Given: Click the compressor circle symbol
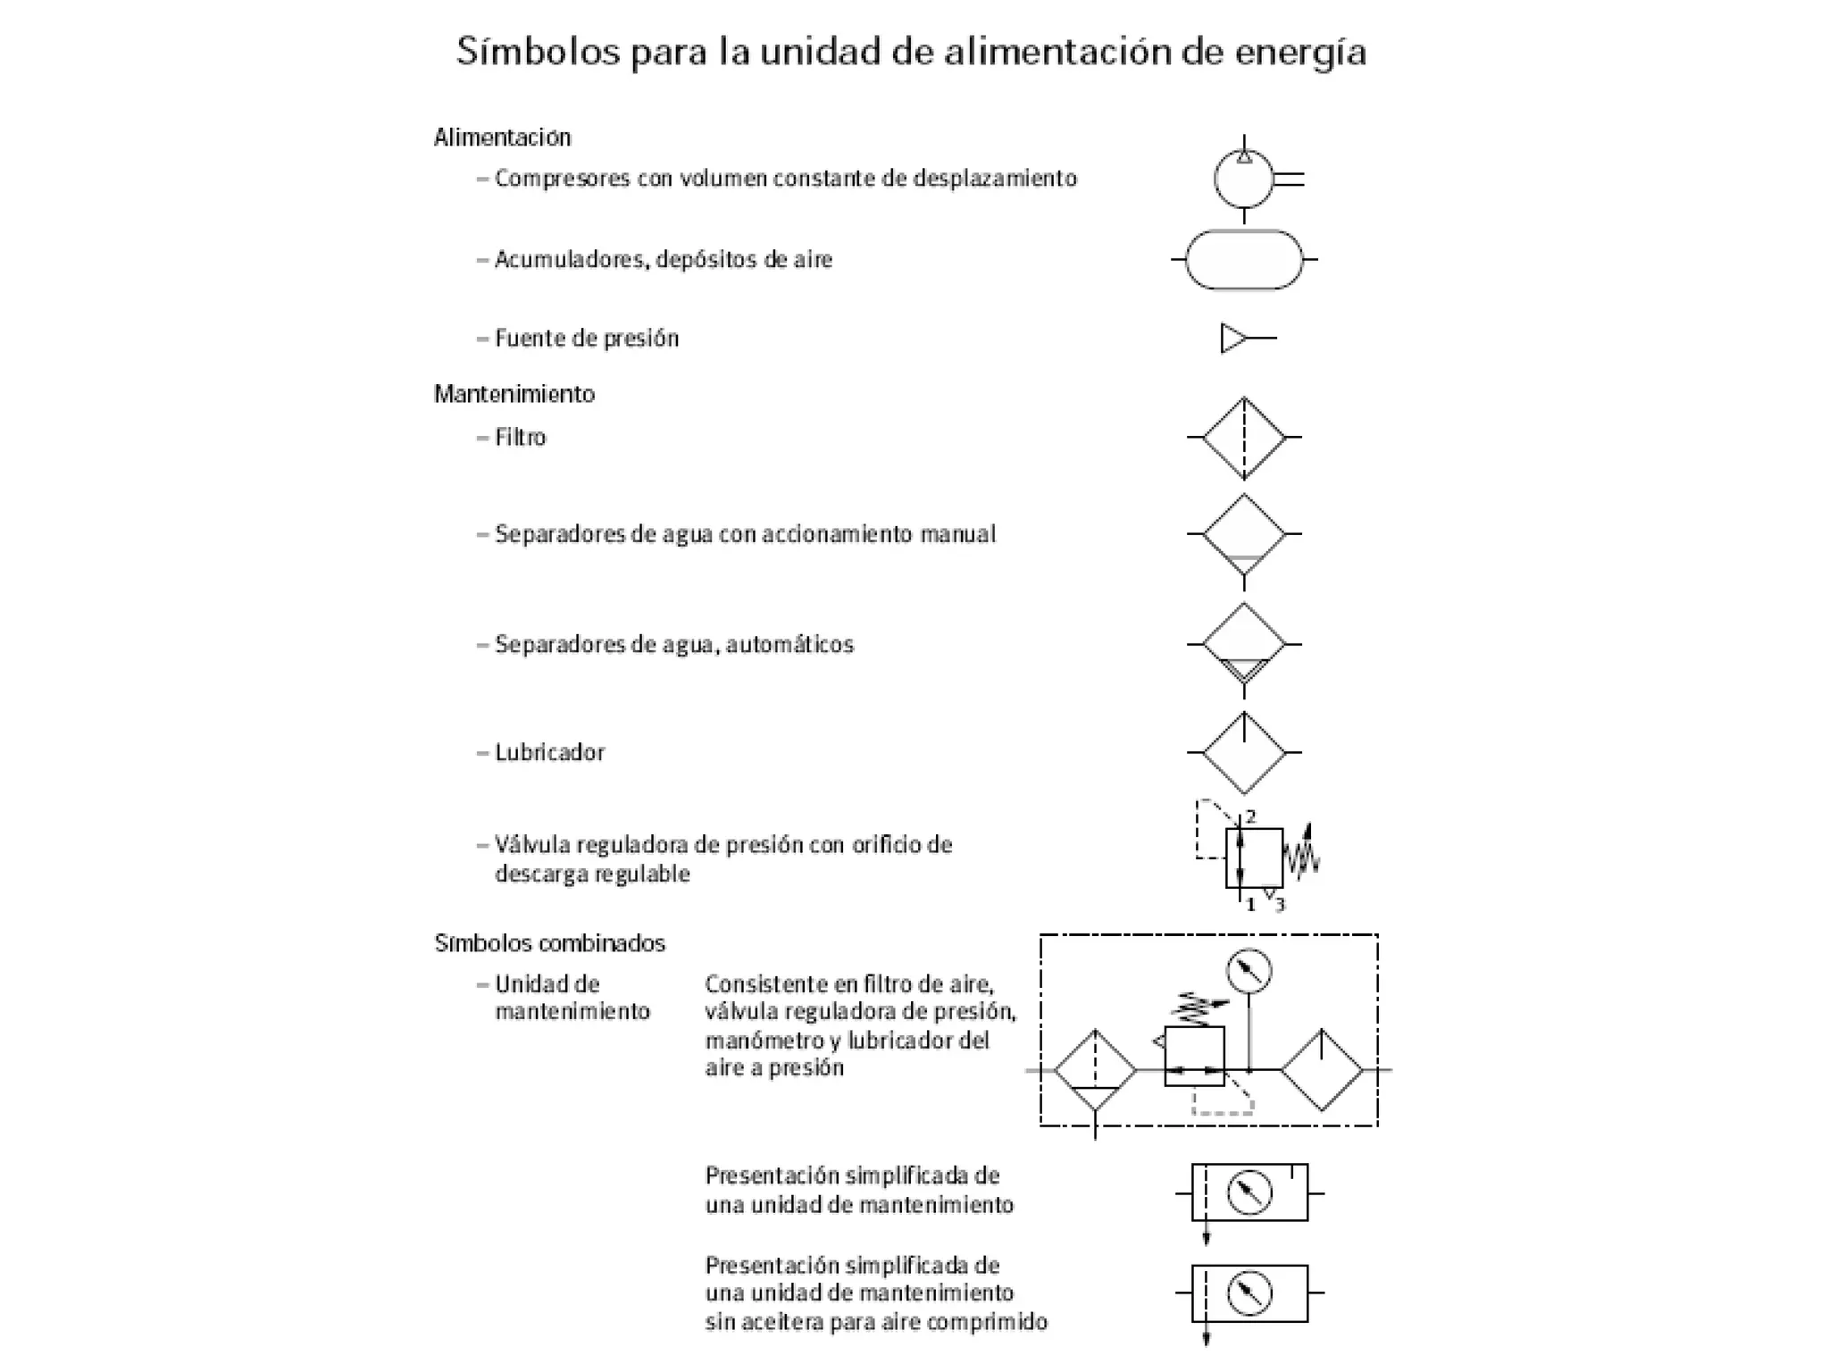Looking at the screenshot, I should click(1243, 180).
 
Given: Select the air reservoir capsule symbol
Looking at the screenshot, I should click(1243, 260).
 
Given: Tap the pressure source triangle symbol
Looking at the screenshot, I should click(1233, 339).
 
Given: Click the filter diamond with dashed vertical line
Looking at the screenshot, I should click(1243, 438).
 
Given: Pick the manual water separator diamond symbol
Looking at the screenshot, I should click(1243, 534).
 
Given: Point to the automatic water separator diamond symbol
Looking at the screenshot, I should click(1243, 644).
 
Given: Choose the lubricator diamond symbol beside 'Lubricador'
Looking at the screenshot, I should click(1243, 753).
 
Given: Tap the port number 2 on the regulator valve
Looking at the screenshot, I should click(1250, 816).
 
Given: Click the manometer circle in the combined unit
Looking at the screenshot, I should click(1249, 971).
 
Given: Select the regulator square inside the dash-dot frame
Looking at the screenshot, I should click(1194, 1056).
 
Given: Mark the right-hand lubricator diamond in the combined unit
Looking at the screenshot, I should click(1322, 1069).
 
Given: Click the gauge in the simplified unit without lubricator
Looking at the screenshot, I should click(1249, 1293).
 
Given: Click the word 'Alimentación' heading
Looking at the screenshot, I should click(502, 138).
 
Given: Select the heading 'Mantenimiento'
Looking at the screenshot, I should click(514, 394).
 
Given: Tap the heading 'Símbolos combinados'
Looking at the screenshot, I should click(549, 943).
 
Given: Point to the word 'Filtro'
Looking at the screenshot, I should click(520, 438).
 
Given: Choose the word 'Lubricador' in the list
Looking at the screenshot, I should click(549, 753).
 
